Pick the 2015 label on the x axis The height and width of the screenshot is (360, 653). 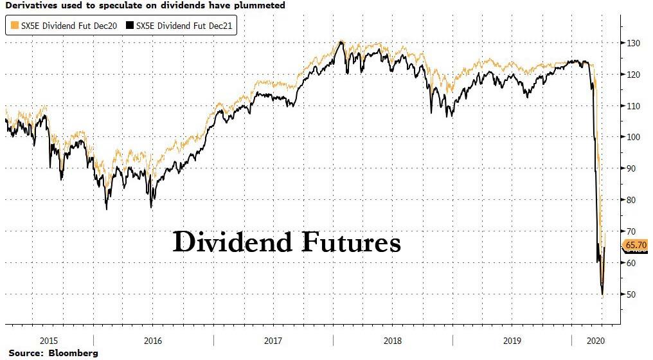[49, 342]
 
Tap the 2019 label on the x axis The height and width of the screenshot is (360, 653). [512, 342]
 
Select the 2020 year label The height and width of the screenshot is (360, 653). [598, 342]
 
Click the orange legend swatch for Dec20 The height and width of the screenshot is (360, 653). [13, 26]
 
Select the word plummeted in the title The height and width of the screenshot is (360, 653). [260, 5]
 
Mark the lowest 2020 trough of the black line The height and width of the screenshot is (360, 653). [602, 294]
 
